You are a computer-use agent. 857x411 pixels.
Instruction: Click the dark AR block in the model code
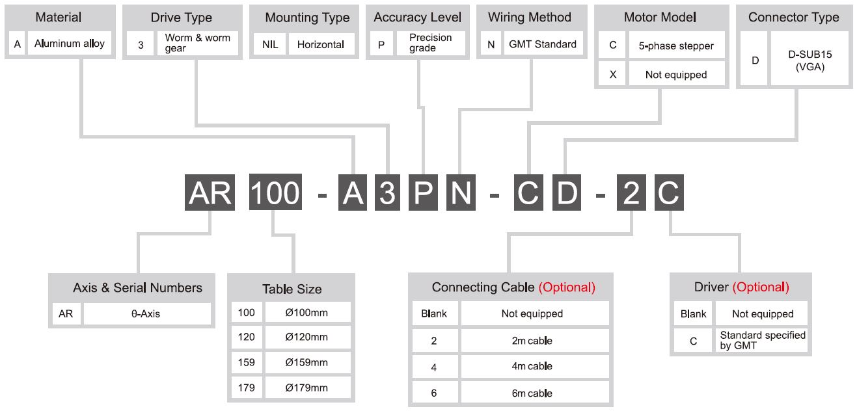(x=210, y=192)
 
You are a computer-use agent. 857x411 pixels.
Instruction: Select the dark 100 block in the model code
(x=275, y=192)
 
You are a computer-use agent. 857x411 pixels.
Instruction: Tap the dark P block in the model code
(x=423, y=192)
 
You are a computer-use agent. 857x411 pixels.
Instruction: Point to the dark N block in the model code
(x=461, y=192)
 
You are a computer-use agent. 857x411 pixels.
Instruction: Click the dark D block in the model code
(x=567, y=192)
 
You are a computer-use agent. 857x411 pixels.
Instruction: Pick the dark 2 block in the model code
(x=631, y=192)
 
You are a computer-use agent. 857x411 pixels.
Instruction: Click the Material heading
(x=58, y=17)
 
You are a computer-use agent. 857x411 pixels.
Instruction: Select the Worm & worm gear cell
(x=197, y=43)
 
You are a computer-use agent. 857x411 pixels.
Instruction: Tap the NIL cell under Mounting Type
(x=270, y=44)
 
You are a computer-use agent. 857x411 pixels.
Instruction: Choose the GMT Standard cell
(x=543, y=44)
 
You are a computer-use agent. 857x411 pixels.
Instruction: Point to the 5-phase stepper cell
(x=676, y=46)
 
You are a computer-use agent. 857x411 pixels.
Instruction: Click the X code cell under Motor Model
(x=612, y=74)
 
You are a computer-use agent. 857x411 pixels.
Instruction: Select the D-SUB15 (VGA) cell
(x=809, y=60)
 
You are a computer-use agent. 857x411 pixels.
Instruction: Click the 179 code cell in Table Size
(x=247, y=388)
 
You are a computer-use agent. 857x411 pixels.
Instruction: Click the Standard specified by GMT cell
(x=762, y=340)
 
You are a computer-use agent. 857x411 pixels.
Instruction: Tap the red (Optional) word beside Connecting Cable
(x=567, y=287)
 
